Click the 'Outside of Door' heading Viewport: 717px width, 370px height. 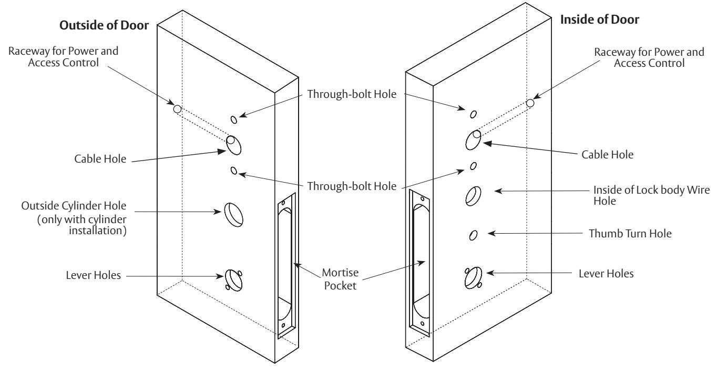(104, 25)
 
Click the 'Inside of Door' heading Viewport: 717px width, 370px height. (600, 19)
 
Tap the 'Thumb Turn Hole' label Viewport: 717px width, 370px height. (630, 233)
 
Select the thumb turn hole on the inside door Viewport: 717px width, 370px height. (473, 235)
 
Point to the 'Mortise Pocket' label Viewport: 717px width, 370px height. (340, 279)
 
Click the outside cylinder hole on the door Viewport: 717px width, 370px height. (234, 215)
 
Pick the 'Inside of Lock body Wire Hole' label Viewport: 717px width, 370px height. (651, 195)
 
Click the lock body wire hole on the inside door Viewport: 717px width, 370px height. (473, 196)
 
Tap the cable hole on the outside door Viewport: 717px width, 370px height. (234, 145)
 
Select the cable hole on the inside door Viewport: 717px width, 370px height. (473, 140)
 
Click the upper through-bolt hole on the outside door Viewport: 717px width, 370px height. (234, 120)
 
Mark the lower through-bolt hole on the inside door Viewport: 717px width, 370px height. (473, 166)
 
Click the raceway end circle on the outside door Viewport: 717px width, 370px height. (177, 109)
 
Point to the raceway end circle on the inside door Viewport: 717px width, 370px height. (530, 103)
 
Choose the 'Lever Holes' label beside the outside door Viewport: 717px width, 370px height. (93, 275)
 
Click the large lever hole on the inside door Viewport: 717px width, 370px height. (473, 278)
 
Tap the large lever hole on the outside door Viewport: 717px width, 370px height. (234, 280)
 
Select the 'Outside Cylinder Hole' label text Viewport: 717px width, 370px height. (74, 205)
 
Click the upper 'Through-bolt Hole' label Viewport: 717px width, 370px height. (352, 94)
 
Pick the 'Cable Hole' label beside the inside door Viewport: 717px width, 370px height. (607, 155)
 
